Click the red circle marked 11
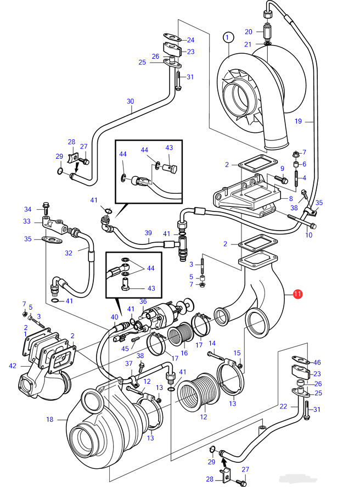pyautogui.click(x=297, y=294)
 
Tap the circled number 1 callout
pyautogui.click(x=228, y=37)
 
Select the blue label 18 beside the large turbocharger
pyautogui.click(x=50, y=419)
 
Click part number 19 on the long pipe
pyautogui.click(x=298, y=121)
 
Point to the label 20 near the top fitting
pyautogui.click(x=249, y=32)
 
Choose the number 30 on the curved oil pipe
pyautogui.click(x=131, y=101)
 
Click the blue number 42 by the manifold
pyautogui.click(x=13, y=366)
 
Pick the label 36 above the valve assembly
pyautogui.click(x=143, y=301)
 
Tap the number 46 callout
pyautogui.click(x=317, y=362)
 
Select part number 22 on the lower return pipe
pyautogui.click(x=283, y=406)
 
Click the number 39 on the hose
pyautogui.click(x=148, y=233)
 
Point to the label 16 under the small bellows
pyautogui.click(x=184, y=353)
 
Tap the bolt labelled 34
pyautogui.click(x=46, y=208)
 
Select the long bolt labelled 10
pyautogui.click(x=302, y=220)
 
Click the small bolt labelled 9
pyautogui.click(x=281, y=179)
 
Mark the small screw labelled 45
pyautogui.click(x=134, y=340)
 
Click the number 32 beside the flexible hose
pyautogui.click(x=69, y=253)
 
